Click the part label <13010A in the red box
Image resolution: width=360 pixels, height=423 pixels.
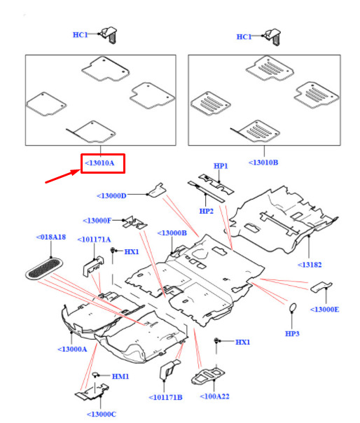[99, 163]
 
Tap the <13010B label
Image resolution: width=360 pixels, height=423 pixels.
[263, 162]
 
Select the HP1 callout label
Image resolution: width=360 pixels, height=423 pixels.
[221, 166]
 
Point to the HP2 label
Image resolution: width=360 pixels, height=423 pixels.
[206, 211]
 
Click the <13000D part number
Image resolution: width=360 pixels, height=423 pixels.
[111, 195]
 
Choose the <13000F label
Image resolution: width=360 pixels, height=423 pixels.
[97, 221]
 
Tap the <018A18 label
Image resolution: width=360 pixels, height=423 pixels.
[51, 237]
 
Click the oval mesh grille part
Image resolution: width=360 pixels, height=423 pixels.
[44, 268]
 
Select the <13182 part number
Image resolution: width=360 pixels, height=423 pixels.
[310, 265]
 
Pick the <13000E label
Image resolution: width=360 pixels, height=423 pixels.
[324, 310]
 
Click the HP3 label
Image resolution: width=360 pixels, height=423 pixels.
[292, 333]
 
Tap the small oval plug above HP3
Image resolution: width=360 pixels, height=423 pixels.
[293, 307]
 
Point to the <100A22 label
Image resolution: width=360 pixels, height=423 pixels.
[214, 396]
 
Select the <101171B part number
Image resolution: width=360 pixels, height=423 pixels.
[165, 397]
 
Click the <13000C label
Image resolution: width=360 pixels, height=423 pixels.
[102, 415]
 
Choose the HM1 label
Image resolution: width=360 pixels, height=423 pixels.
[120, 376]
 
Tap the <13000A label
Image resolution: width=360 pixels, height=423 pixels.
[72, 349]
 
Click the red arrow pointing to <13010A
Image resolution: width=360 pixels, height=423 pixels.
[63, 176]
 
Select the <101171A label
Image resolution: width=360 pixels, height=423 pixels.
[94, 240]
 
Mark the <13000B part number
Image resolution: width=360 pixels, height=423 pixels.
[172, 233]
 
